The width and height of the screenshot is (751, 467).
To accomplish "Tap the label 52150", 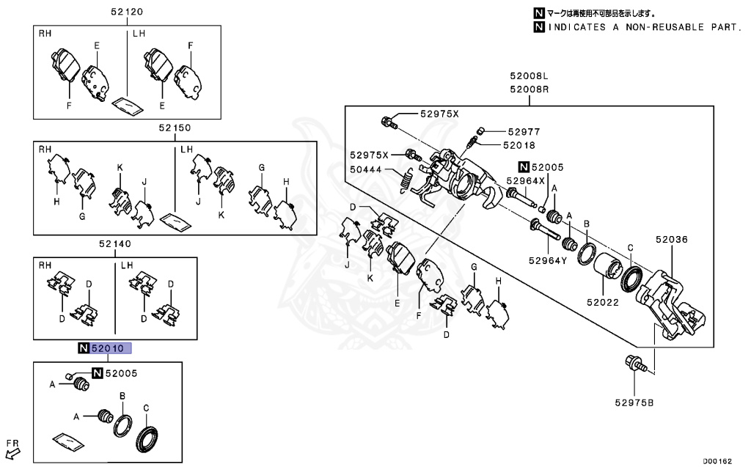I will tap(175, 128).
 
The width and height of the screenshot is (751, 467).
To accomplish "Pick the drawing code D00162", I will tap(719, 460).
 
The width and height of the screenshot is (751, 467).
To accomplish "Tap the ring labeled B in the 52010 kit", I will tap(122, 426).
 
